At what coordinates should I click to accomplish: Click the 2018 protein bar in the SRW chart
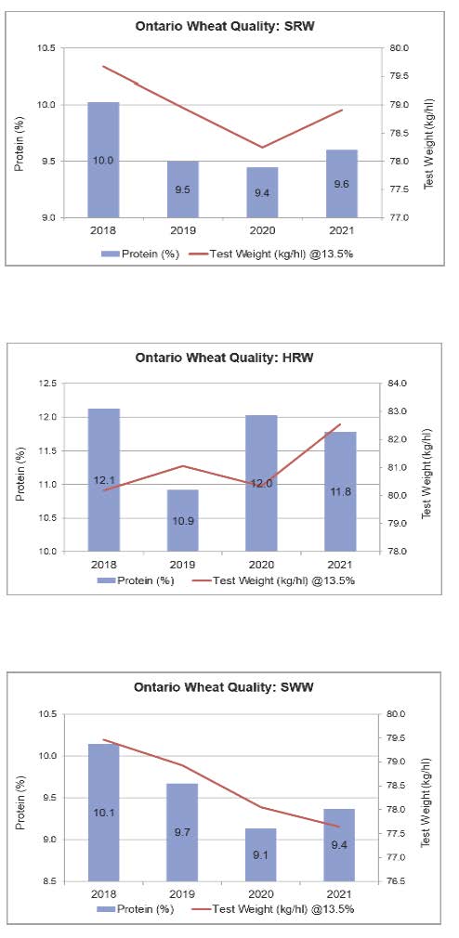(103, 160)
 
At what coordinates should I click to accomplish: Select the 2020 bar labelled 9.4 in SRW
(261, 192)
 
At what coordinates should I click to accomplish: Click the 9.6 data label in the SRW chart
(342, 184)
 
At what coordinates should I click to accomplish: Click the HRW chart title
(225, 358)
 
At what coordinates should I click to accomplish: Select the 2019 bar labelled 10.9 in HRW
(182, 520)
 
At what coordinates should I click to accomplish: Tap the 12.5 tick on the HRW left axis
(46, 384)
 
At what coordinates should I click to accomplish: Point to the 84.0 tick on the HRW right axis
(397, 384)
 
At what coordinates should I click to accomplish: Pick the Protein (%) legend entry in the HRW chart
(136, 580)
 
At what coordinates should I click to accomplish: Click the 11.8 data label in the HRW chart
(340, 491)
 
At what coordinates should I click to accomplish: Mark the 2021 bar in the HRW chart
(340, 491)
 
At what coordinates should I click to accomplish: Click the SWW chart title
(224, 687)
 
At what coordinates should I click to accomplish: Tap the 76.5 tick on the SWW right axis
(397, 881)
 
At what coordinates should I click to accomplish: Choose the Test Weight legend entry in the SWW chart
(273, 909)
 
